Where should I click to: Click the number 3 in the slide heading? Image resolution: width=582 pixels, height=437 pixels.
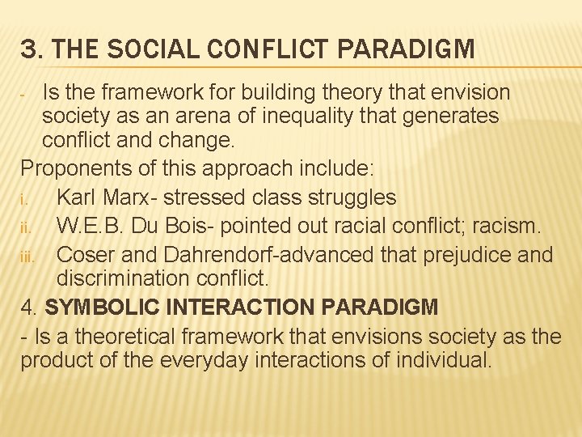point(28,49)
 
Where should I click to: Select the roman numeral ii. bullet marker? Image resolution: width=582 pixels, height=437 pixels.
point(27,227)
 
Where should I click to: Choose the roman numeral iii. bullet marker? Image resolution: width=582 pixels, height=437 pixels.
point(29,255)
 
